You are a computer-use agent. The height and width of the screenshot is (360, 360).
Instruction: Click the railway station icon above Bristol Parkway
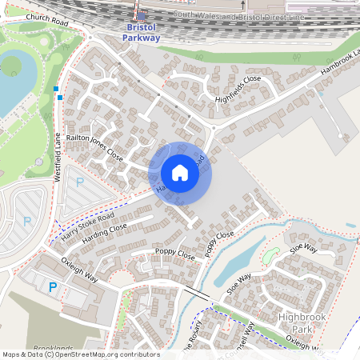click(142, 15)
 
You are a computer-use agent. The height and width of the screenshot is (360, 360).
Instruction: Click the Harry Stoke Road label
click(87, 228)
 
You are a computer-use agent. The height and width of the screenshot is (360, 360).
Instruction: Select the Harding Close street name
click(106, 233)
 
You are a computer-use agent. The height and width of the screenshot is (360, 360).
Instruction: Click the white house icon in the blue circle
click(180, 172)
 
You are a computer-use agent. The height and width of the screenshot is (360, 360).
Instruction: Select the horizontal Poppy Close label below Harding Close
click(175, 256)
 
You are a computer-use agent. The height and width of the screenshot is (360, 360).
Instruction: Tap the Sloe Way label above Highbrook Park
click(304, 250)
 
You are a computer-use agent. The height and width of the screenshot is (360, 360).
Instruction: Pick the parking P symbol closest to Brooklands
click(54, 287)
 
